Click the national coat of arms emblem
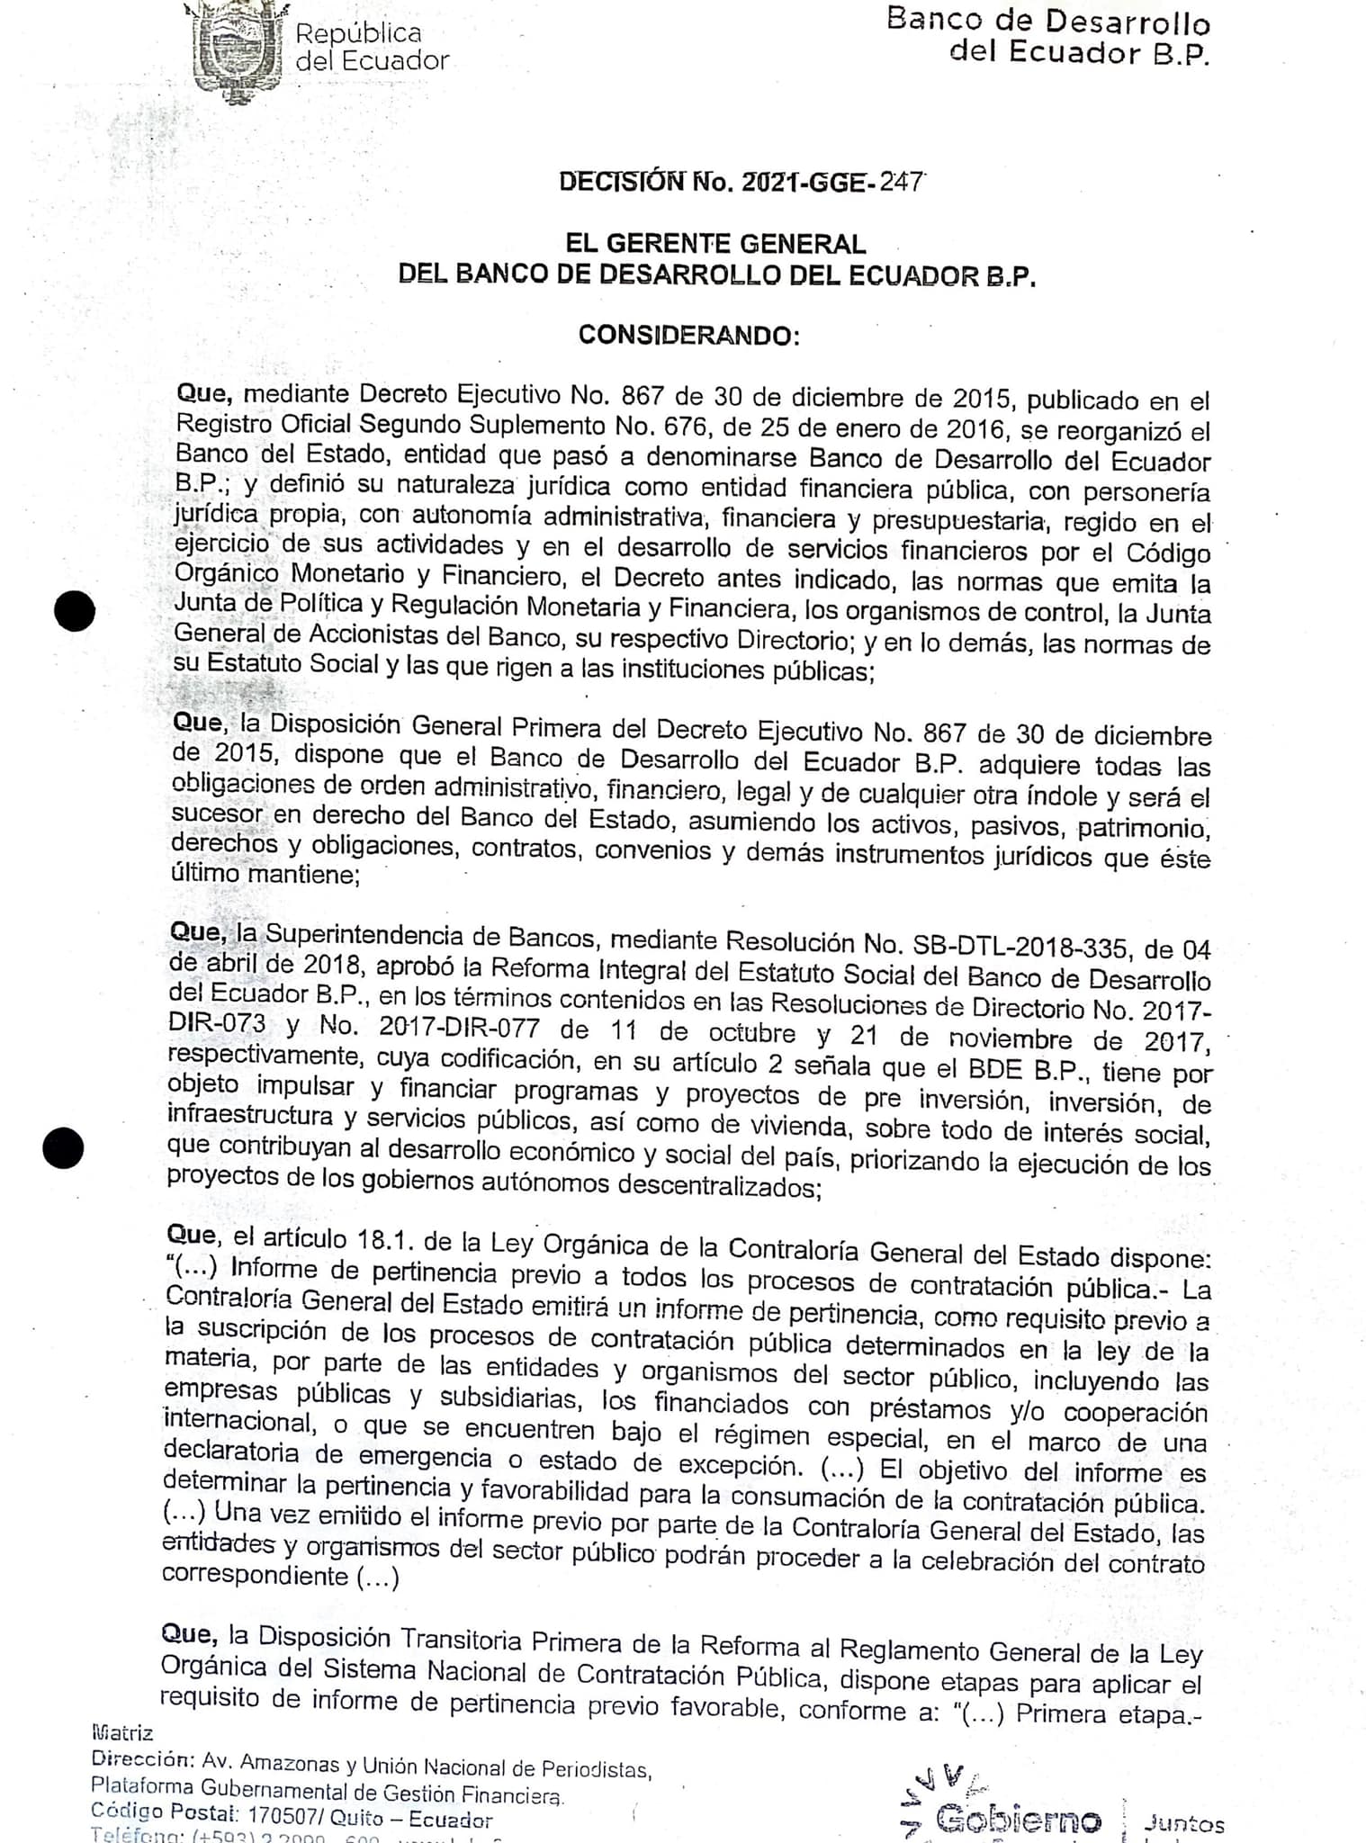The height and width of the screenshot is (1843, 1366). (x=236, y=49)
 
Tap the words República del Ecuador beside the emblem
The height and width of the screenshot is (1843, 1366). (x=371, y=47)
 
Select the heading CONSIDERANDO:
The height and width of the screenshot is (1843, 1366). (x=688, y=336)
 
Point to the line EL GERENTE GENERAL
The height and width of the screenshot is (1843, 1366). (x=715, y=243)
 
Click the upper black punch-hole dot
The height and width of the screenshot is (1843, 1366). (x=75, y=612)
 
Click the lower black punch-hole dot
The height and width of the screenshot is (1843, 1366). (x=64, y=1148)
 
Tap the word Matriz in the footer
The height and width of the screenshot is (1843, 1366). (x=122, y=1733)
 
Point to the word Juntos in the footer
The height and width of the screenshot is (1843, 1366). (x=1183, y=1823)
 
